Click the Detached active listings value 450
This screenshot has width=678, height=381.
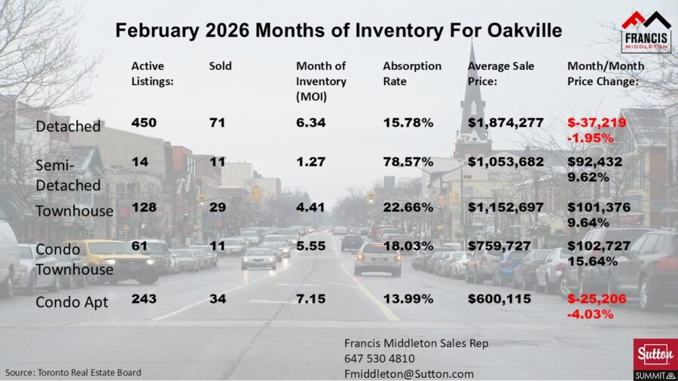144,123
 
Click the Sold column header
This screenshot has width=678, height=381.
220,66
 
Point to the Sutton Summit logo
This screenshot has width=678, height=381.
654,359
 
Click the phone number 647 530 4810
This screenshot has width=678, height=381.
379,358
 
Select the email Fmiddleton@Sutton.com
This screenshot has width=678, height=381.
408,373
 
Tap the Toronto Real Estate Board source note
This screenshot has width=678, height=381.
73,372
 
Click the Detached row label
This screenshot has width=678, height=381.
68,126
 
